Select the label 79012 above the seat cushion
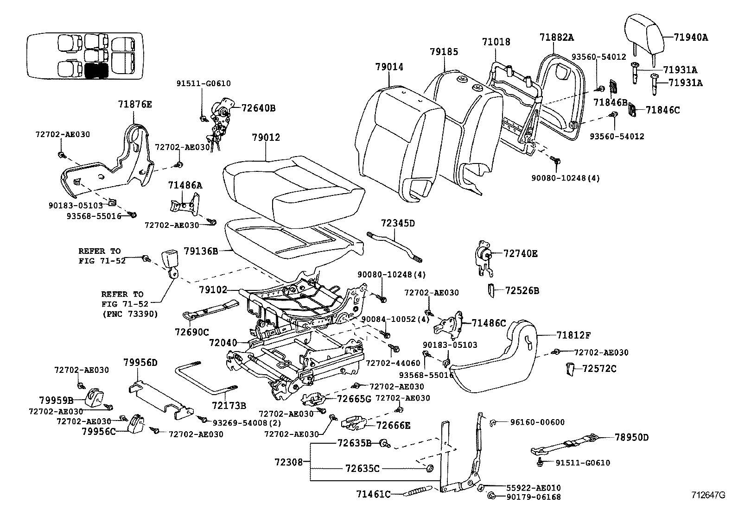(266, 138)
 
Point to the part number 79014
(389, 67)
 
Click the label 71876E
(134, 105)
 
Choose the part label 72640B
(259, 108)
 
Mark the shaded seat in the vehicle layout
(96, 70)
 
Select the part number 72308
(288, 462)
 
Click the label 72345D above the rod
(398, 223)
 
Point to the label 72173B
(229, 405)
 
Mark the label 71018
(496, 42)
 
